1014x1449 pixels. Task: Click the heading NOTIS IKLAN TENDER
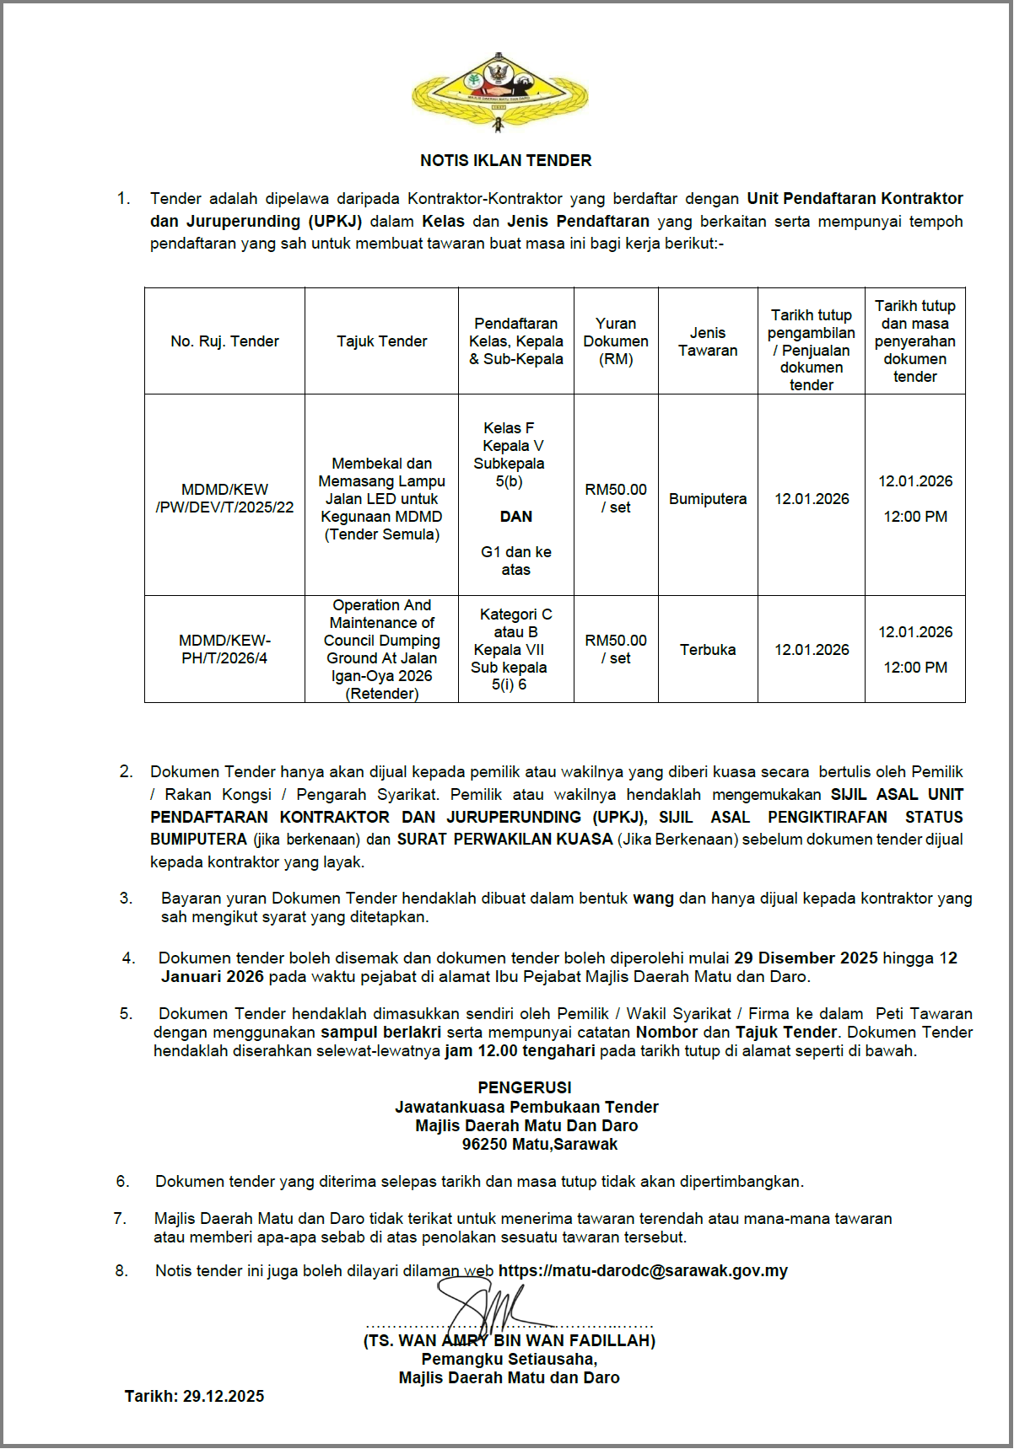pos(506,160)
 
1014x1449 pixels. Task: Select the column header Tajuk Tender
pos(381,341)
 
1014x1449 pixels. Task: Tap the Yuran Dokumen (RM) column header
pos(616,341)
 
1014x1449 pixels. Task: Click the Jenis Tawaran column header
pos(708,341)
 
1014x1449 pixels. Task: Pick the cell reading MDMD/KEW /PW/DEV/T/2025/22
pos(224,498)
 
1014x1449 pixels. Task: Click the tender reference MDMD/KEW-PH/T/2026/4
pos(224,649)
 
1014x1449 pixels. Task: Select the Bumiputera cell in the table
pos(708,499)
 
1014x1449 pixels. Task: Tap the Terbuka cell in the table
pos(708,650)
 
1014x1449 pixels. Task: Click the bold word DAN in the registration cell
pos(515,517)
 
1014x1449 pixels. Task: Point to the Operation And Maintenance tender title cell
pos(381,649)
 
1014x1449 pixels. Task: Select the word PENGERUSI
pos(524,1087)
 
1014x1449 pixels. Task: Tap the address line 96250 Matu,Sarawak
pos(540,1144)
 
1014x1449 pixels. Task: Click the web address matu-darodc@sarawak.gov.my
pos(643,1270)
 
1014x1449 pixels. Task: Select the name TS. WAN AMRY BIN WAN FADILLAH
pos(509,1340)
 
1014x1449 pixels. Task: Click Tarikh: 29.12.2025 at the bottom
pos(194,1396)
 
